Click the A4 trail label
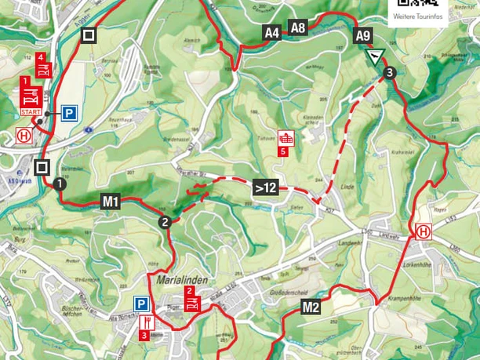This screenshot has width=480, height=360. click(272, 32)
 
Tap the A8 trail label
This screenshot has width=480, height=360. click(297, 27)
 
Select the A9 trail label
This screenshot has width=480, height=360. click(362, 35)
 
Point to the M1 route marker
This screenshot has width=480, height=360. click(111, 202)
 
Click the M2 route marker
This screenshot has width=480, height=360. click(311, 307)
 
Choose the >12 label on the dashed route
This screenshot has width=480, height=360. click(264, 187)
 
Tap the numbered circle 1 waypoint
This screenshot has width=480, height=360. click(59, 184)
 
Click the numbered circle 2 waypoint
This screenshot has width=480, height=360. click(165, 221)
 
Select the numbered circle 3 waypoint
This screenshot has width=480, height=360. click(390, 73)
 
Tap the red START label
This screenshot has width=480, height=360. click(31, 113)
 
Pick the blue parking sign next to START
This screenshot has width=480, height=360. click(69, 114)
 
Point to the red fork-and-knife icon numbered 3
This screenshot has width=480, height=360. click(146, 323)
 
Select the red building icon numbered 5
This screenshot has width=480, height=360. click(287, 137)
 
